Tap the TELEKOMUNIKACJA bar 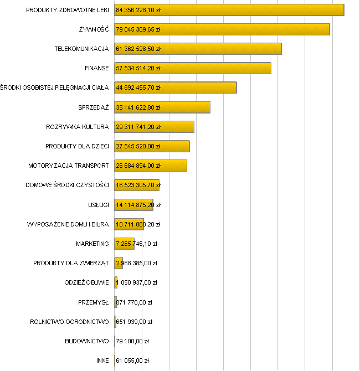coord(222,49)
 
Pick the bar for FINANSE coord(216,68)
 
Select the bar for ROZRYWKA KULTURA coord(177,127)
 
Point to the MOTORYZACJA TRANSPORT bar coord(174,166)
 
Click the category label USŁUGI coord(99,205)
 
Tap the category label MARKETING coord(92,244)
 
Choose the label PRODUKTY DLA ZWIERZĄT coord(71,263)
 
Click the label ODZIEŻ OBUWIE coord(86,282)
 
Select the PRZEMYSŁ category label coord(94,302)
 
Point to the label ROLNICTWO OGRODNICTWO coord(69,322)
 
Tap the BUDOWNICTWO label coord(87,341)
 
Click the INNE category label coord(102,360)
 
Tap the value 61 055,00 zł coord(132,360)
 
